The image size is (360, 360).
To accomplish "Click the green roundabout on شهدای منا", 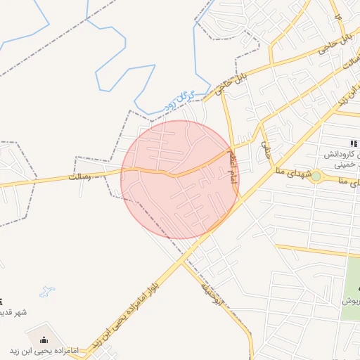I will tap(316, 176).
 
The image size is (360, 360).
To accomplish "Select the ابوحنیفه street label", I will tap(211, 296).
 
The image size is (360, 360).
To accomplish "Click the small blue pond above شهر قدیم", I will tap(47, 290).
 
